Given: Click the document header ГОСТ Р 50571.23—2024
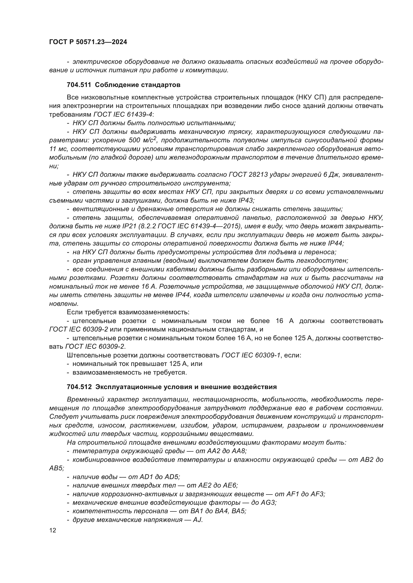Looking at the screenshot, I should pos(88,42).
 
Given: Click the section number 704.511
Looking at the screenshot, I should pos(79,85).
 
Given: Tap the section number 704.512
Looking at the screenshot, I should pos(79,387).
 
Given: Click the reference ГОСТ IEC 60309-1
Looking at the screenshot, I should pos(251,355).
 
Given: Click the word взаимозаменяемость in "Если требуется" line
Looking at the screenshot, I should pos(154,312).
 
